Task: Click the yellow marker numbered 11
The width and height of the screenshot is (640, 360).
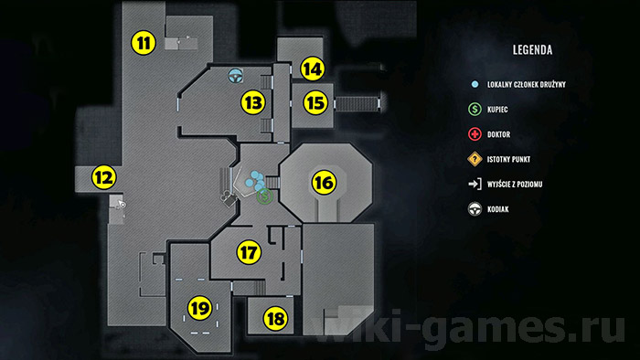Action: click(x=144, y=43)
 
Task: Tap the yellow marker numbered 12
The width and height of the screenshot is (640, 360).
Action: click(x=103, y=177)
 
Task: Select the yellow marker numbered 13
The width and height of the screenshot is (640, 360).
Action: click(x=253, y=102)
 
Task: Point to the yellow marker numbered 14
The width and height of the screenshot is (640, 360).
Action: click(x=313, y=69)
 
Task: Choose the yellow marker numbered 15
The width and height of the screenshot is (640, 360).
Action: click(x=315, y=102)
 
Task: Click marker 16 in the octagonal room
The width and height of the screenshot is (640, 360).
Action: click(x=324, y=182)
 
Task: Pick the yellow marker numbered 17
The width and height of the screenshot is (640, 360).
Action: click(x=249, y=252)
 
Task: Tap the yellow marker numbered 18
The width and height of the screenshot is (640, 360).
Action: click(x=275, y=318)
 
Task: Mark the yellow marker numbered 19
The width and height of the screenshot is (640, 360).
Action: click(x=200, y=308)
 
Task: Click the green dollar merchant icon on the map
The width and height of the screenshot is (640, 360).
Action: click(x=264, y=196)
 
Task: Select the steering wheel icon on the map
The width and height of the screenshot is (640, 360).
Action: click(x=235, y=76)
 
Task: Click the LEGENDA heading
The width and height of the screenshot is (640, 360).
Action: click(x=532, y=50)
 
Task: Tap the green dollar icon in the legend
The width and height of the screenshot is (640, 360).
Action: click(x=475, y=110)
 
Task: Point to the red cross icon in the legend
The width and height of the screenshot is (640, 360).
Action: click(x=475, y=134)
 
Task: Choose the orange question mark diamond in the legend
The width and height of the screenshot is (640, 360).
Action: click(x=475, y=159)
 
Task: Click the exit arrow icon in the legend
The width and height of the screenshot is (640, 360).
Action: click(x=475, y=185)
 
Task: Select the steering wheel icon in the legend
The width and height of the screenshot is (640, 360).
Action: click(x=475, y=209)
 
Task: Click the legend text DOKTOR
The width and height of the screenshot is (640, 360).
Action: click(x=499, y=134)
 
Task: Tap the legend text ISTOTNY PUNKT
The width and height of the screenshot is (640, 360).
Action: click(x=508, y=159)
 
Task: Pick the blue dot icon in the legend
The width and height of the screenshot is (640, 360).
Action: click(x=475, y=84)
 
